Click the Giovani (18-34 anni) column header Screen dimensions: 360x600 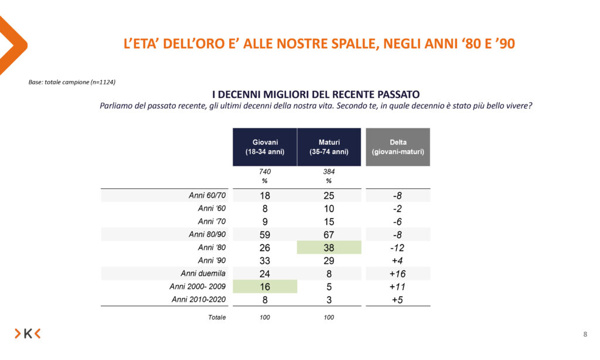point(265,147)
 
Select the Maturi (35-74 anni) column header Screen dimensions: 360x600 point(329,147)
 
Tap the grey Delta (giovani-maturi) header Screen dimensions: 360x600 point(398,147)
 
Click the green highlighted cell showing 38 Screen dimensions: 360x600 point(329,247)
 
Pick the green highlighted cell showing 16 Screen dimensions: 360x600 point(265,286)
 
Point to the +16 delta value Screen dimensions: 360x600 point(398,273)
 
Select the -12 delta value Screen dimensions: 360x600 point(398,247)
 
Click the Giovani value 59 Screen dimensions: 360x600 point(265,235)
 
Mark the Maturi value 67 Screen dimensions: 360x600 point(329,235)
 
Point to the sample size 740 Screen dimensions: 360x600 point(265,172)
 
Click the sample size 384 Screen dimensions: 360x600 point(329,172)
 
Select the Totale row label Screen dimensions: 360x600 point(216,317)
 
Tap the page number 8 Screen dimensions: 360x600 point(585,334)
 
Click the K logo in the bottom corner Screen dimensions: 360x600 point(28,334)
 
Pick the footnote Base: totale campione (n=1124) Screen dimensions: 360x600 point(71,82)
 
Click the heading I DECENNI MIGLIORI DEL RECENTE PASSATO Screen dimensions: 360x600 point(315,94)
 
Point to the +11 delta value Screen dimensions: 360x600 point(398,286)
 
